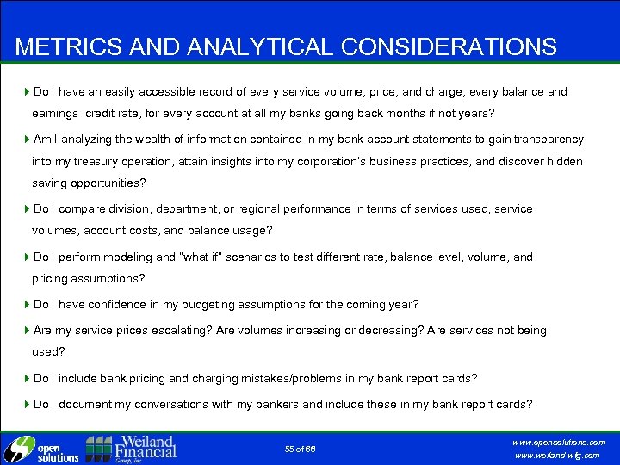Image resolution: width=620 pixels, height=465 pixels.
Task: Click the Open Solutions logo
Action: point(41,449)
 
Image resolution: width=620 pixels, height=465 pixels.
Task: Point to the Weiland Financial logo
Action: point(131,448)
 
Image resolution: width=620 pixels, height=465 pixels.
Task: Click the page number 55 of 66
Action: point(301,449)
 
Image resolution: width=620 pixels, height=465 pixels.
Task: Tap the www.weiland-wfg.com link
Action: point(557,456)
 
